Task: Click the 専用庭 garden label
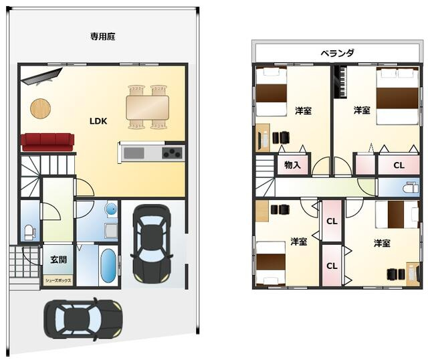click(x=103, y=37)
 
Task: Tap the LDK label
click(x=99, y=121)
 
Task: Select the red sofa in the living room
click(x=47, y=142)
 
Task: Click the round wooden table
click(x=40, y=108)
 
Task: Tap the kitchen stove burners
click(x=172, y=153)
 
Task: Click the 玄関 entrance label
click(x=58, y=258)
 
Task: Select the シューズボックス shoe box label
click(x=58, y=280)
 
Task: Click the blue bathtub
click(x=107, y=266)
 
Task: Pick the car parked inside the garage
click(x=151, y=242)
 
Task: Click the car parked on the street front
click(x=83, y=319)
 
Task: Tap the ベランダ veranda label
click(x=336, y=53)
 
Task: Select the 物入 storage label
click(x=292, y=165)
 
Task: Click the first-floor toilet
click(x=29, y=232)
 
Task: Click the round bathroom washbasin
click(x=110, y=210)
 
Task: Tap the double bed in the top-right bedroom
click(x=397, y=96)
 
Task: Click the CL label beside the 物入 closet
click(x=398, y=165)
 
